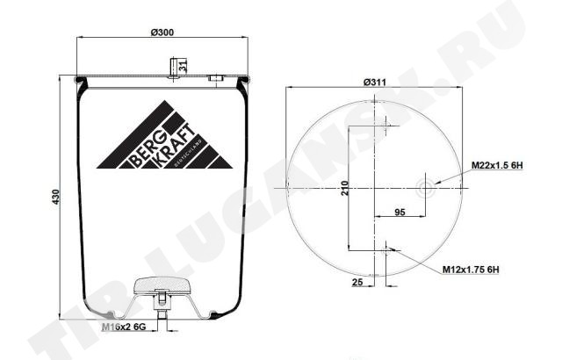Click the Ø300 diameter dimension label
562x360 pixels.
point(162,32)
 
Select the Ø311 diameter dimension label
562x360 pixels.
point(375,82)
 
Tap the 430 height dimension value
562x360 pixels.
point(56,197)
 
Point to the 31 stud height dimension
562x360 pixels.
point(183,66)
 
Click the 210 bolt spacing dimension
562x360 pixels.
point(344,188)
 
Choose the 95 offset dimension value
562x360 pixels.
point(400,212)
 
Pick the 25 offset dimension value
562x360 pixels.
point(357,282)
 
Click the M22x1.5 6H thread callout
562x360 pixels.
point(497,165)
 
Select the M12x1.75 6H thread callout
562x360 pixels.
point(471,270)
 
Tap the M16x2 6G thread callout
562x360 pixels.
point(124,327)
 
